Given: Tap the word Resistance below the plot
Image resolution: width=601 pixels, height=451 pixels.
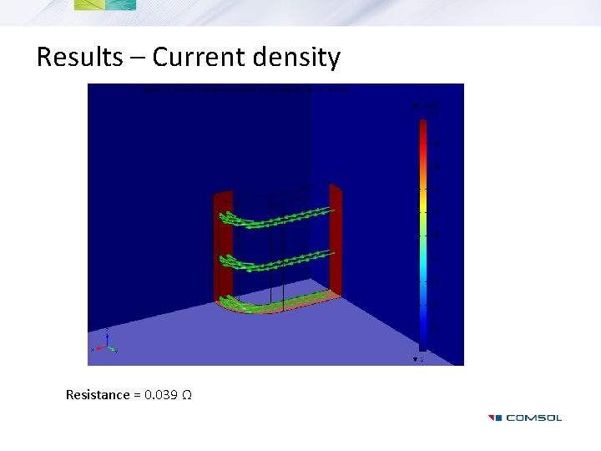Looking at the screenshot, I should [x=98, y=394].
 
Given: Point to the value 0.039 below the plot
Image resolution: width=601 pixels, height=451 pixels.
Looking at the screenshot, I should [x=160, y=394].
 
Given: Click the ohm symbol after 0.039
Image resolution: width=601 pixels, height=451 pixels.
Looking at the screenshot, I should [x=187, y=394].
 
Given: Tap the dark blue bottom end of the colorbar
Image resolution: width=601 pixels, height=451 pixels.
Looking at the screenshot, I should [x=422, y=338].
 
